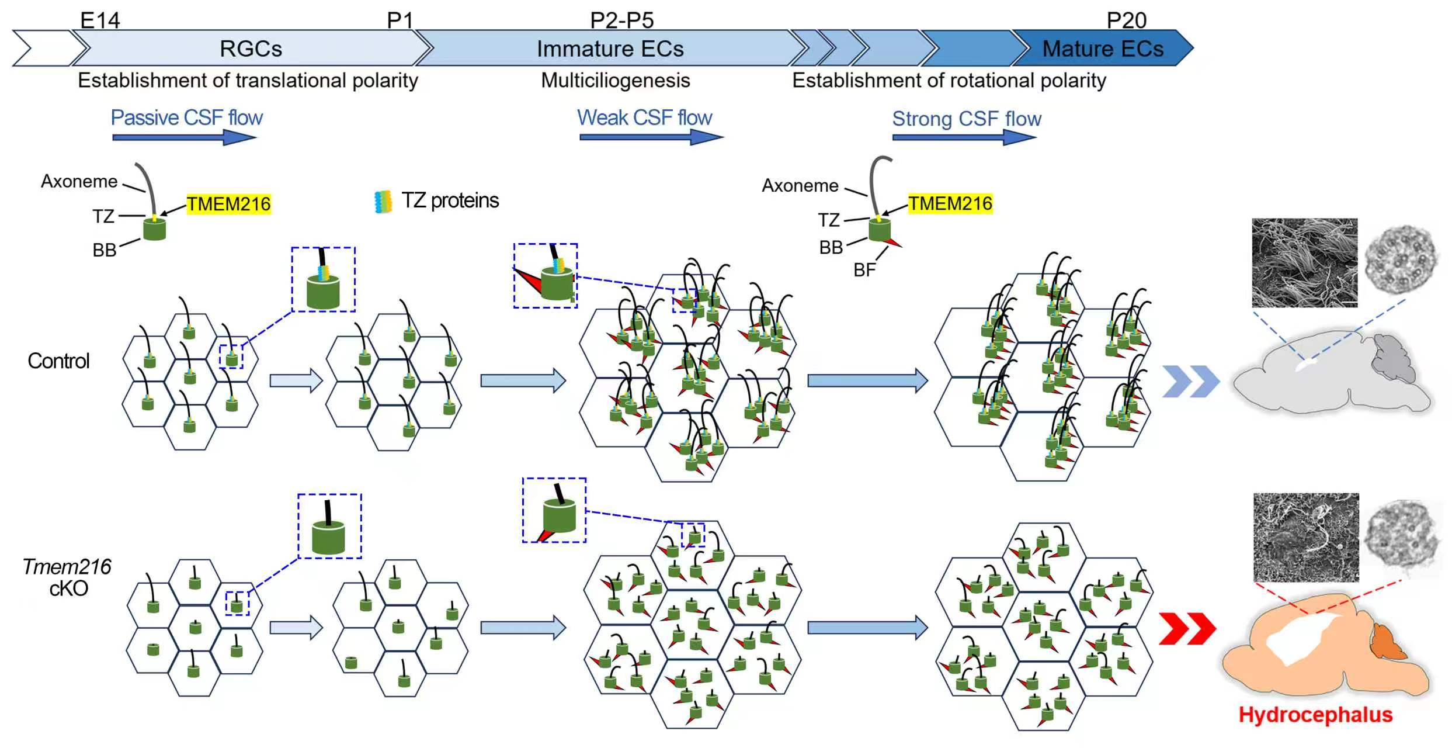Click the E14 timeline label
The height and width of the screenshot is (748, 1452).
point(100,20)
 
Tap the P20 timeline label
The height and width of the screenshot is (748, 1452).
point(1126,20)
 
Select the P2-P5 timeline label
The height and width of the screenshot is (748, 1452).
point(622,20)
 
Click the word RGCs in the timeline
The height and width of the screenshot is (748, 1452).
point(251,49)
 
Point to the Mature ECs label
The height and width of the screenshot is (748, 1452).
point(1103,49)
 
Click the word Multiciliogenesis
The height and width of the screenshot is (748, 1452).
point(616,80)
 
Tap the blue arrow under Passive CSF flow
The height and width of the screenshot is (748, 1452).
point(185,137)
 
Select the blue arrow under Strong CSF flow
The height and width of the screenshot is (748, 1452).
point(964,137)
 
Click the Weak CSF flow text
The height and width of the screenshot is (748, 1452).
point(645,117)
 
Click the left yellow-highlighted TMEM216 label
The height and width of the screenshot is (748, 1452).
point(229,204)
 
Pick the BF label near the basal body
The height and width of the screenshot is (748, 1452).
point(864,270)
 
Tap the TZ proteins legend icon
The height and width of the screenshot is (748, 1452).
point(383,202)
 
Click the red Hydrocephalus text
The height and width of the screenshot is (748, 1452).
point(1315,715)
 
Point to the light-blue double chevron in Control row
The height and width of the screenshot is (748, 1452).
point(1191,382)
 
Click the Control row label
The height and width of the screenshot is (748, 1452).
point(58,361)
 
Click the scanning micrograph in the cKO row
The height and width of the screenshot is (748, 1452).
point(1306,537)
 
